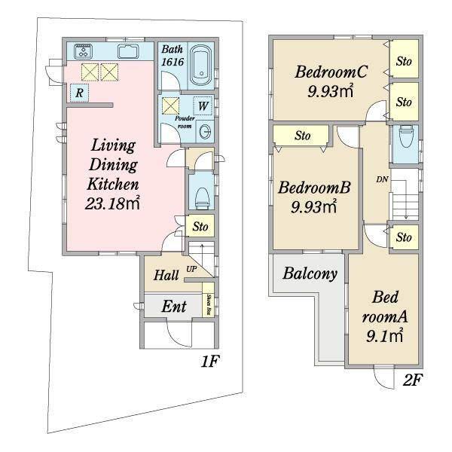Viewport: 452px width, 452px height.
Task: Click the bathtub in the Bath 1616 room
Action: (201, 65)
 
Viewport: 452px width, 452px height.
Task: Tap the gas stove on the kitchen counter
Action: (84, 51)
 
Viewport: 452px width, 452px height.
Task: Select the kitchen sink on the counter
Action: (128, 51)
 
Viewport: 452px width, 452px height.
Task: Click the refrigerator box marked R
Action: (79, 93)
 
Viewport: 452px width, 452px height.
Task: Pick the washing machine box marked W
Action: (203, 106)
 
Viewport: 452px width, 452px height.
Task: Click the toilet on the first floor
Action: (202, 198)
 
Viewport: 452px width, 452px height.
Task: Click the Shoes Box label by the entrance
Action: (209, 304)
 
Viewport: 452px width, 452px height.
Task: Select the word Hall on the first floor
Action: (166, 275)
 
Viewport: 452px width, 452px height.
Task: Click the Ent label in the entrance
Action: (174, 307)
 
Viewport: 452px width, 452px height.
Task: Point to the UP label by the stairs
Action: (191, 269)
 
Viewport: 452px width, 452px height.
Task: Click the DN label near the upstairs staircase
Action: (382, 179)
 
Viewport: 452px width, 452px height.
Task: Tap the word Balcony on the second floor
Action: (310, 273)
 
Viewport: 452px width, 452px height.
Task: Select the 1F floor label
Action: (210, 361)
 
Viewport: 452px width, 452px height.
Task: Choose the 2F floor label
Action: (412, 380)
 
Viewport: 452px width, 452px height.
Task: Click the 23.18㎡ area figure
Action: (112, 203)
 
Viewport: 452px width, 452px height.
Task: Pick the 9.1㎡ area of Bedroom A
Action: (384, 335)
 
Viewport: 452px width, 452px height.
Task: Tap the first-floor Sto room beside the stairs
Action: (200, 226)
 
